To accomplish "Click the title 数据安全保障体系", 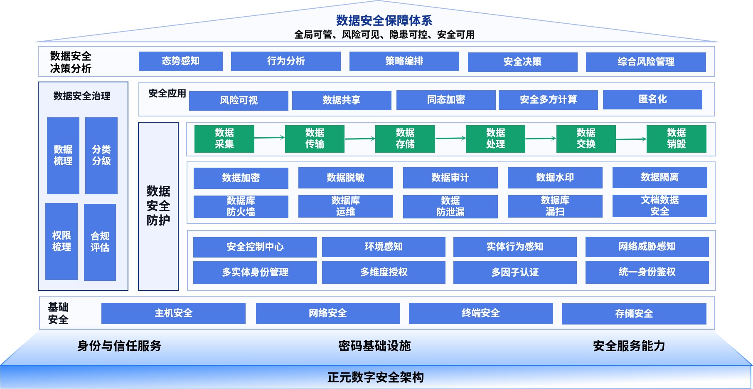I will pyautogui.click(x=384, y=20).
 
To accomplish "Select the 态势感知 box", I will pyautogui.click(x=180, y=61).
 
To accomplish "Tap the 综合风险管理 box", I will pyautogui.click(x=645, y=62).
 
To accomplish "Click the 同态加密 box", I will pyautogui.click(x=445, y=100).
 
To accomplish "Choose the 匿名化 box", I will pyautogui.click(x=652, y=99).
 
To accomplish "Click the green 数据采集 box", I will pyautogui.click(x=224, y=139).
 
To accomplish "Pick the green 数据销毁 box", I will pyautogui.click(x=676, y=139).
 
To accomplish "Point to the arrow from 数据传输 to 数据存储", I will pyautogui.click(x=359, y=139).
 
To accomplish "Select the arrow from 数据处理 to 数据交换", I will pyautogui.click(x=540, y=139).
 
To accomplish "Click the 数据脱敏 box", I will pyautogui.click(x=345, y=178).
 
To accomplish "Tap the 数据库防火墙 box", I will pyautogui.click(x=241, y=206).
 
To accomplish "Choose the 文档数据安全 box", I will pyautogui.click(x=659, y=206).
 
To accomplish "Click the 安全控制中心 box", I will pyautogui.click(x=255, y=247).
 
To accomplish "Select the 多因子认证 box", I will pyautogui.click(x=514, y=273).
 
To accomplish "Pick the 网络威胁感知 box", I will pyautogui.click(x=647, y=247).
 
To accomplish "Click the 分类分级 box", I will pyautogui.click(x=101, y=156).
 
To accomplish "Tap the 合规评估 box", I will pyautogui.click(x=100, y=242).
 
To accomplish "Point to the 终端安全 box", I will pyautogui.click(x=480, y=313).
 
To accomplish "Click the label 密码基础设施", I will pyautogui.click(x=374, y=346).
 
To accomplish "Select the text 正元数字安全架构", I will pyautogui.click(x=375, y=377).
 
